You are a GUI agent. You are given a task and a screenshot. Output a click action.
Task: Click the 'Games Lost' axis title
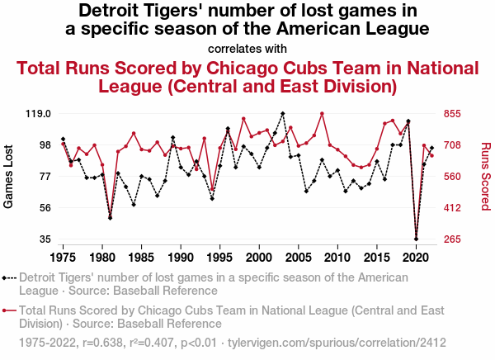coord(11,176)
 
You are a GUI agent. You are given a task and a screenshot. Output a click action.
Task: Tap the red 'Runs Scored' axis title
coord(485,176)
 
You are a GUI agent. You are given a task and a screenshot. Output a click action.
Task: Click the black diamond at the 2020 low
coord(417,239)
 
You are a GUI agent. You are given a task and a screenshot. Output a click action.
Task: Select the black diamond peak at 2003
coord(283,114)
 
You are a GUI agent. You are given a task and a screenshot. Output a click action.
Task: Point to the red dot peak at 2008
coord(322,114)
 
